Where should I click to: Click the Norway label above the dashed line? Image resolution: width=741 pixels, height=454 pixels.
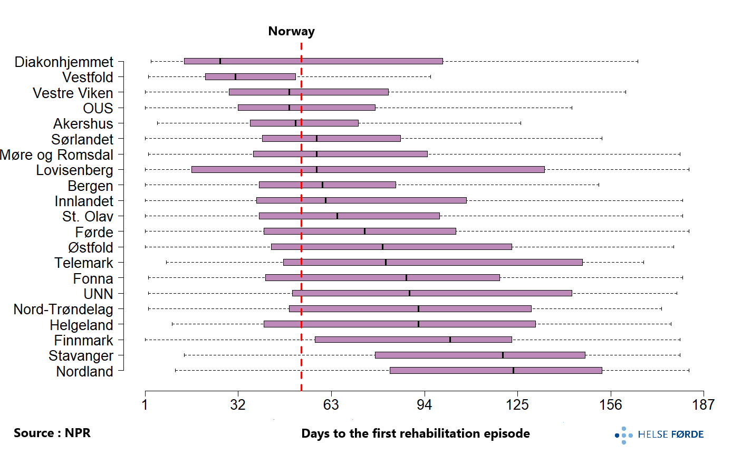click(291, 31)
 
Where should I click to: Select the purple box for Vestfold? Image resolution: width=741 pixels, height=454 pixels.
click(251, 77)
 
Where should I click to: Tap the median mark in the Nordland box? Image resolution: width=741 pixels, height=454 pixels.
click(513, 371)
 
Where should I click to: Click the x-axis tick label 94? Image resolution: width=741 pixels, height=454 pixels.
click(424, 405)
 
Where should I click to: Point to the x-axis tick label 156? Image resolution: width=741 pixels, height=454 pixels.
click(611, 405)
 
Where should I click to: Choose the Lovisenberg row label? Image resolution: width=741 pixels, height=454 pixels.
click(74, 170)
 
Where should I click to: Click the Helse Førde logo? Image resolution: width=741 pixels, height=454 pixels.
click(659, 434)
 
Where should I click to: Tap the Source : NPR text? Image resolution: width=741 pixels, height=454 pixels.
click(52, 433)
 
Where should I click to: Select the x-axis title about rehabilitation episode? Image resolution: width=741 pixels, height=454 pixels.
click(416, 433)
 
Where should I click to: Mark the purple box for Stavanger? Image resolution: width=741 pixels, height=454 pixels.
click(480, 355)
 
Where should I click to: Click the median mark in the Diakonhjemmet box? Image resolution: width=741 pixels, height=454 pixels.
click(220, 61)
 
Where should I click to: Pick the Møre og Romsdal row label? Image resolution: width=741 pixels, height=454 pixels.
click(56, 155)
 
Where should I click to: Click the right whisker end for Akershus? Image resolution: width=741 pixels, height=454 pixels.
click(521, 123)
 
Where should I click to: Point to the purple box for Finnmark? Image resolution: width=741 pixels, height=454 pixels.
click(413, 340)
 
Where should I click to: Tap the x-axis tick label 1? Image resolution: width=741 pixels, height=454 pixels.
click(145, 405)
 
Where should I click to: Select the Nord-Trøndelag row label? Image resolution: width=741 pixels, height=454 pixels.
click(63, 310)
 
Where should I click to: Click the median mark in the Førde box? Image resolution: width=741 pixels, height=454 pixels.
click(364, 231)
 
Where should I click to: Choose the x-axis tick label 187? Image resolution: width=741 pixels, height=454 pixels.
click(704, 405)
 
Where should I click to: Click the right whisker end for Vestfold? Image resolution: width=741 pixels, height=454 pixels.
click(430, 77)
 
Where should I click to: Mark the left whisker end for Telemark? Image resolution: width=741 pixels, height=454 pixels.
click(167, 263)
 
